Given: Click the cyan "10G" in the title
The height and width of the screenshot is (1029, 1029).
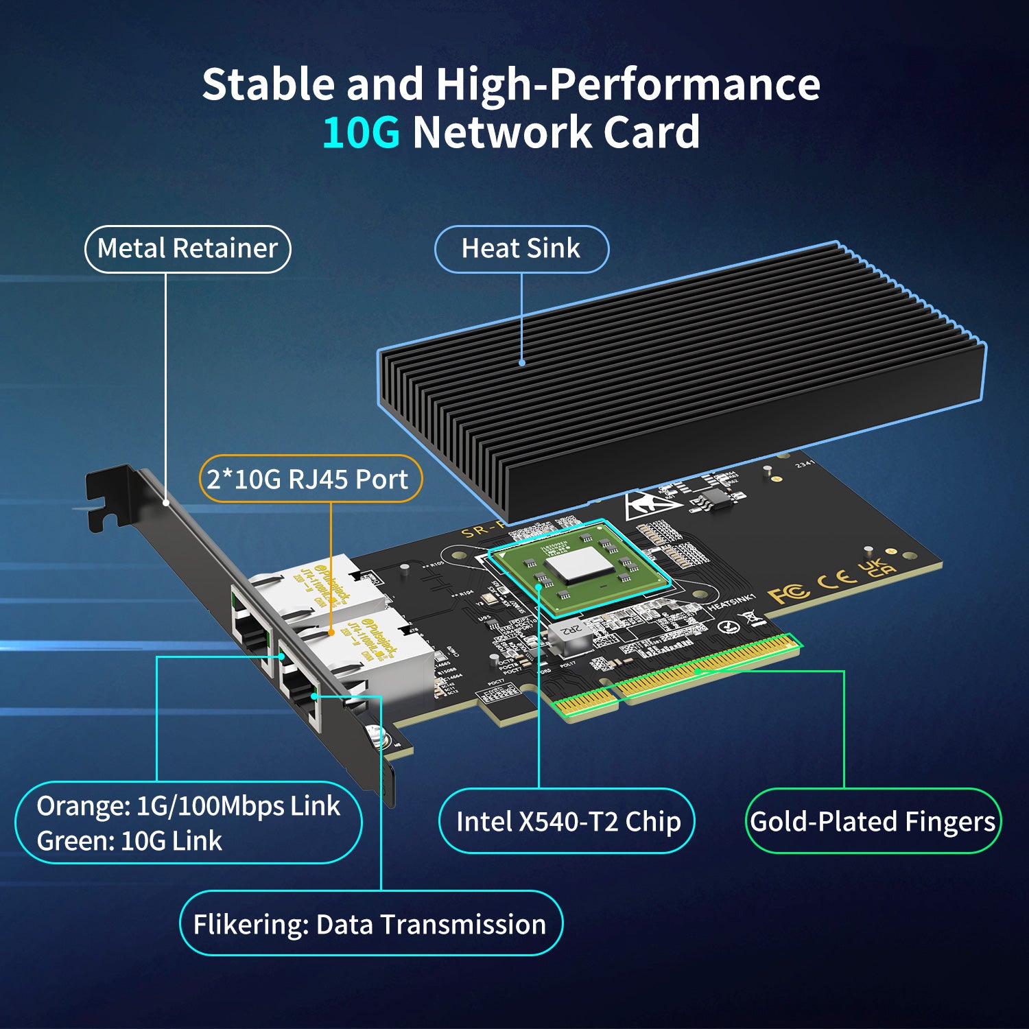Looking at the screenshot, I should (361, 132).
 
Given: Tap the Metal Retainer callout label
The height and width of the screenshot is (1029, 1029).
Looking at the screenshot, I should (187, 248).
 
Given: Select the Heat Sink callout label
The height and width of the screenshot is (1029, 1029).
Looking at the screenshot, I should (521, 248).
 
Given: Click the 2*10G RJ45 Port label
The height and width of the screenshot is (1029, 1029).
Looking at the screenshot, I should (309, 479).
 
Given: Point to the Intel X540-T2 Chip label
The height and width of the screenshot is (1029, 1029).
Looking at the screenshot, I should (567, 821).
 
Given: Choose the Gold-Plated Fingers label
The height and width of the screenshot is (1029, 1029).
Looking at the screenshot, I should (873, 821).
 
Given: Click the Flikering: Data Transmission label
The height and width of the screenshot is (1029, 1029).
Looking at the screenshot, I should (370, 924).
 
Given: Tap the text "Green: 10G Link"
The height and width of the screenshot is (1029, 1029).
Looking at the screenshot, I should (129, 841).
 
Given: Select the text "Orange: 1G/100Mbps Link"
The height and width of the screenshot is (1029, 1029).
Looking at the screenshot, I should (188, 806).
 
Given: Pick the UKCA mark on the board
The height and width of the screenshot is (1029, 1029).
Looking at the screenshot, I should (878, 567).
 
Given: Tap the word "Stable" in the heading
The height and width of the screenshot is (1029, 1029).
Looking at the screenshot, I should (268, 84).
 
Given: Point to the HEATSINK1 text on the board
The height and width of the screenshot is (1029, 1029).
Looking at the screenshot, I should (731, 603).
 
